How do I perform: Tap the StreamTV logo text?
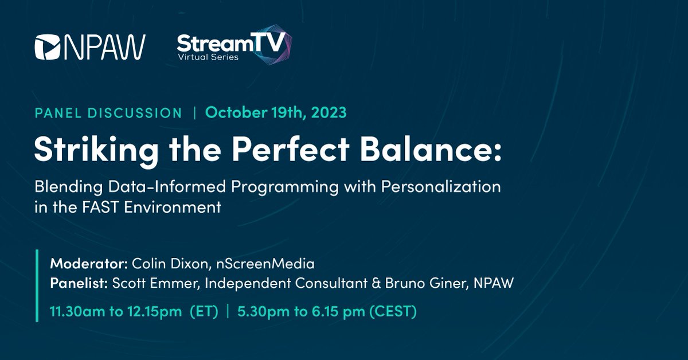[229, 43]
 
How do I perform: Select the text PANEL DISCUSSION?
[108, 113]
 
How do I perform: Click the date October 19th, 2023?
[276, 112]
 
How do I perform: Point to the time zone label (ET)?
[205, 313]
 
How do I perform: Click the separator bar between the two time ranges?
[228, 313]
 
